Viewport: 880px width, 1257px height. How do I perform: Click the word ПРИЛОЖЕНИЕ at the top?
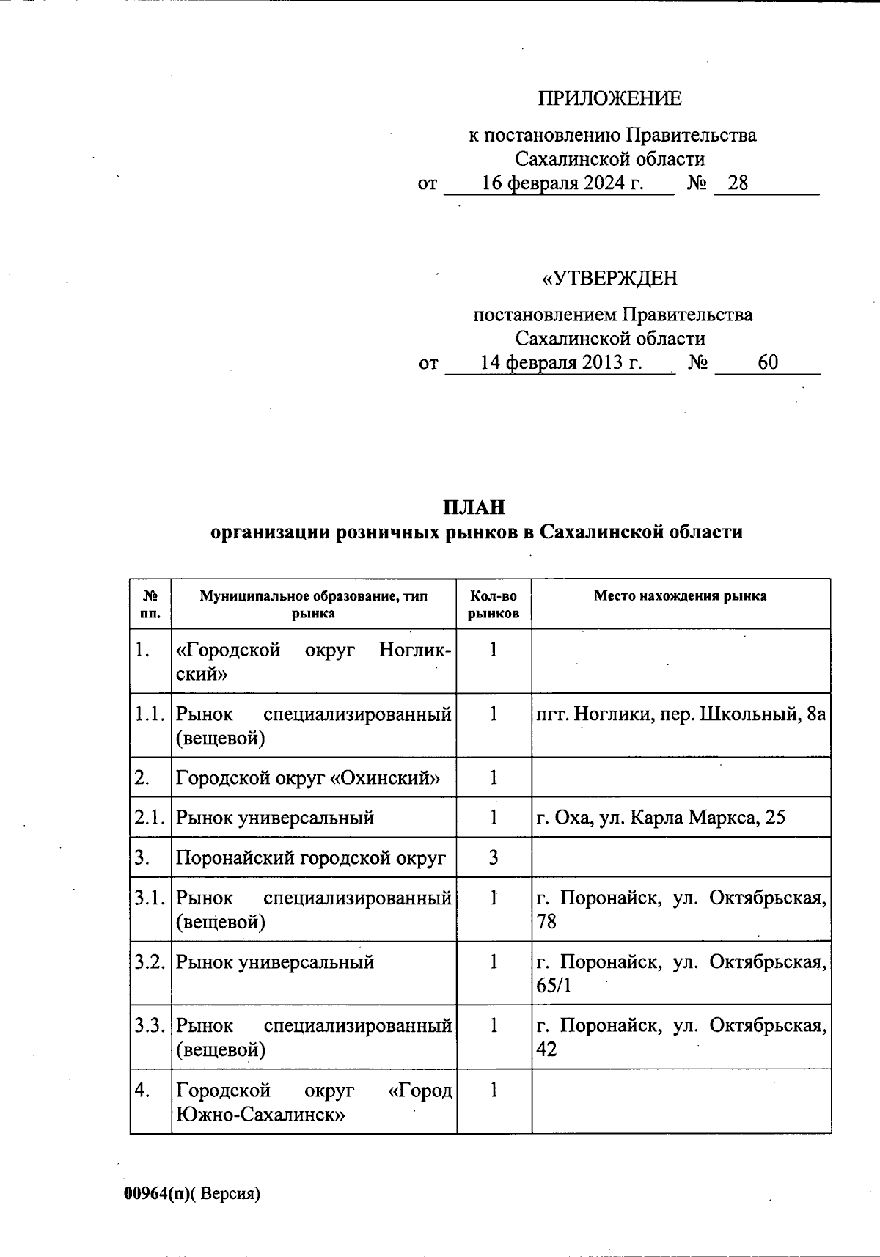click(609, 98)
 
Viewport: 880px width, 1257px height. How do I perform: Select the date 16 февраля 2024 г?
click(562, 183)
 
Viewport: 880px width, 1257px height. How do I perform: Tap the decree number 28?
click(737, 183)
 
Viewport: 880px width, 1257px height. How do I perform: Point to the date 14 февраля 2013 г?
click(561, 363)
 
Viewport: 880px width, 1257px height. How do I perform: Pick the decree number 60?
click(768, 363)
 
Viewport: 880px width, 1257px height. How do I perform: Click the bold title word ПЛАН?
click(474, 507)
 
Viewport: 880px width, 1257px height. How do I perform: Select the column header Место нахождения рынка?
click(680, 596)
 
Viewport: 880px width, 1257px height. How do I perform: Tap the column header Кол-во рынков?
click(494, 605)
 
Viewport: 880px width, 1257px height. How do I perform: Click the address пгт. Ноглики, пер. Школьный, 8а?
click(681, 714)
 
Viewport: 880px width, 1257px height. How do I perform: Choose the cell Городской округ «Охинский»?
click(308, 778)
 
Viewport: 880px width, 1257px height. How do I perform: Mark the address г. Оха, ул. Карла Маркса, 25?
click(661, 818)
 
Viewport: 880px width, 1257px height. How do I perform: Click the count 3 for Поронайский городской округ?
click(494, 857)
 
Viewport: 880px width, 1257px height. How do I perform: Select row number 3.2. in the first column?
click(150, 961)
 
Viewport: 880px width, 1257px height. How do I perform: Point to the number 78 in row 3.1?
click(547, 922)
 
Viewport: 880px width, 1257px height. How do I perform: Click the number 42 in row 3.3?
click(547, 1049)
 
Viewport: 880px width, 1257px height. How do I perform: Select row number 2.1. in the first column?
click(150, 818)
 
